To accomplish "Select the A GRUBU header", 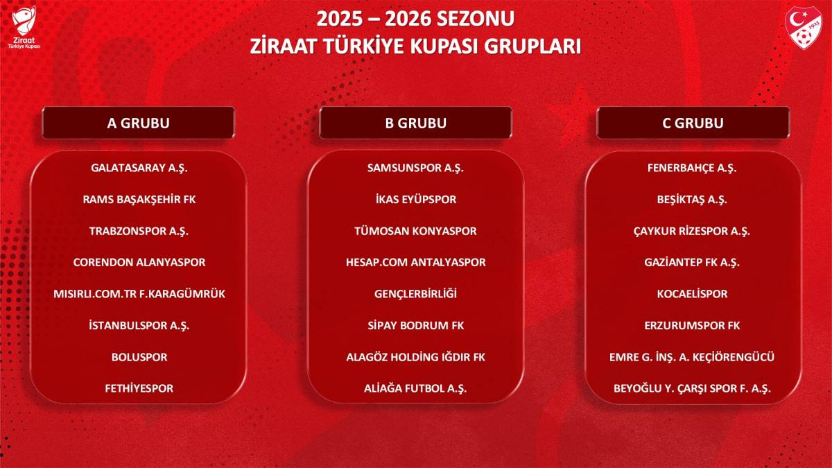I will tap(139, 123).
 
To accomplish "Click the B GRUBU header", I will tap(415, 123).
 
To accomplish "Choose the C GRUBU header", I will tap(693, 123).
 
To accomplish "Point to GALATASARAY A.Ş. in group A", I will tap(139, 168).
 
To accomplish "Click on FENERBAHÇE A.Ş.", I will tap(692, 168).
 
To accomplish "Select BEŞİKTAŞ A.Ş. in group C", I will tap(692, 200).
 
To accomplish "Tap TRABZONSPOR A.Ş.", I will tap(139, 231).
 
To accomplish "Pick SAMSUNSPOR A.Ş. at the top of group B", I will tap(415, 168).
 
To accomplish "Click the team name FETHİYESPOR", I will tap(139, 388).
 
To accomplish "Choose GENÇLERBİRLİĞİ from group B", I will tap(415, 294).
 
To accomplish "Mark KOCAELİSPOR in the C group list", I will tap(692, 294).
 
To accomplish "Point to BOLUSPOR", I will tap(139, 357).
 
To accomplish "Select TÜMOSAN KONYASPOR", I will tap(415, 231).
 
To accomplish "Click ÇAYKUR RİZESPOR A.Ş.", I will tap(692, 231).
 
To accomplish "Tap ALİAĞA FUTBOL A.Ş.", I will tap(415, 388).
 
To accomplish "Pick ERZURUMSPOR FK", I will tap(692, 325).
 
